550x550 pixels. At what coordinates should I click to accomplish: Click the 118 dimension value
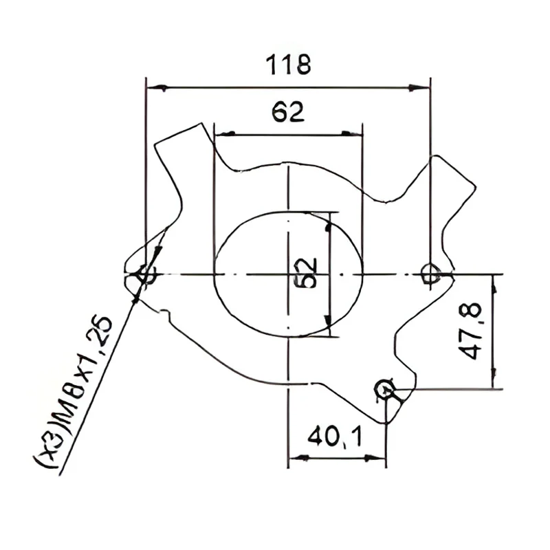pyautogui.click(x=288, y=65)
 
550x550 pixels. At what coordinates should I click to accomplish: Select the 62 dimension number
pyautogui.click(x=288, y=111)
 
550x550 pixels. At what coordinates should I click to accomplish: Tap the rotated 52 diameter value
pyautogui.click(x=307, y=273)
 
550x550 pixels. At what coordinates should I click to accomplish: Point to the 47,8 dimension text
pyautogui.click(x=471, y=331)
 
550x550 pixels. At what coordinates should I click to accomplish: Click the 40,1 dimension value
pyautogui.click(x=334, y=437)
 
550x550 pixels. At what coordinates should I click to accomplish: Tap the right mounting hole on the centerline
pyautogui.click(x=430, y=273)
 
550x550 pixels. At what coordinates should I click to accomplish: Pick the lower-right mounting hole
pyautogui.click(x=385, y=388)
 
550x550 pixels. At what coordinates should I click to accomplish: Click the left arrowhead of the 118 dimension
pyautogui.click(x=157, y=88)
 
